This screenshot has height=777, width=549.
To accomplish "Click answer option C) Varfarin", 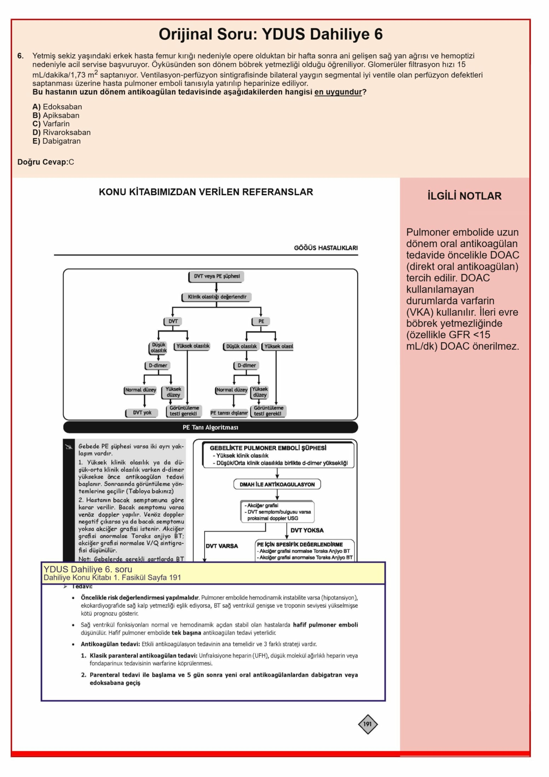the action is [51, 124].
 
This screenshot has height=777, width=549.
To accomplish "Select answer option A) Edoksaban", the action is [57, 107].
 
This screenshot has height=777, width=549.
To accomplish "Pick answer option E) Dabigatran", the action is [56, 141].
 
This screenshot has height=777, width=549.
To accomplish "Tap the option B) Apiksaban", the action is [56, 115].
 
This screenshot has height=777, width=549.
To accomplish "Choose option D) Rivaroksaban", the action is [62, 132].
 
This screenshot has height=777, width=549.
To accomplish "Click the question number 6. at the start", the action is [21, 56].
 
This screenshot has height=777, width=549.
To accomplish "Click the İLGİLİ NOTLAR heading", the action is [464, 196].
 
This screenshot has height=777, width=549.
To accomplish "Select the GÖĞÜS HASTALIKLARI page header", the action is [326, 248].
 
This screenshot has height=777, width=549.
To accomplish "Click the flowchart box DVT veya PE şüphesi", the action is [217, 277].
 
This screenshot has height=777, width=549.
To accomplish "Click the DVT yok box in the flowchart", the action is [142, 413].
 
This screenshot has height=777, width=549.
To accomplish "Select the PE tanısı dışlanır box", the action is [229, 413].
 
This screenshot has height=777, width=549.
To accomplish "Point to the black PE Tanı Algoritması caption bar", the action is [210, 427].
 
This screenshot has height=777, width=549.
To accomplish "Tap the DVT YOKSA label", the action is [307, 530].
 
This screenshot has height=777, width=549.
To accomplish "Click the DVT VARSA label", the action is [222, 546].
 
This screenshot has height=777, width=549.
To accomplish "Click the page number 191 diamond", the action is [368, 724].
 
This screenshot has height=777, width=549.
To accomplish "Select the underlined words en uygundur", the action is [338, 92].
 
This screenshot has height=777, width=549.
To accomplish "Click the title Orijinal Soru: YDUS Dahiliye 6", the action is [271, 34].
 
